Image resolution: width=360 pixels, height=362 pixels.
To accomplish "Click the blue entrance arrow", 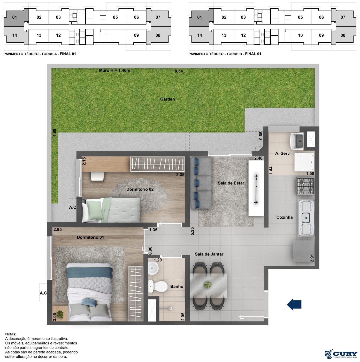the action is point(294,304).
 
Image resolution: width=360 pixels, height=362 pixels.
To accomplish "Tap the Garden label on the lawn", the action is point(167,99).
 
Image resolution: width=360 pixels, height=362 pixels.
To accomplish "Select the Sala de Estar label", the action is point(231,183).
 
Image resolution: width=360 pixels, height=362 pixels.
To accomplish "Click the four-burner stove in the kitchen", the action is point(305,186).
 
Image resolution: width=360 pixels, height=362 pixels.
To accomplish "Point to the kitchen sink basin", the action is point(306,218).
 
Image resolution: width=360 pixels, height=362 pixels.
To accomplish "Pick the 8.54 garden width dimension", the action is point(179,71).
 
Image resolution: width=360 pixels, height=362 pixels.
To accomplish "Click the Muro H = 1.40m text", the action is point(114,70).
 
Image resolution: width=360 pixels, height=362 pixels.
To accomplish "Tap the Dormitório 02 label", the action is point(140,189).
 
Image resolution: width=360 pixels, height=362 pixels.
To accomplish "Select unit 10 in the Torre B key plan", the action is point(300,35).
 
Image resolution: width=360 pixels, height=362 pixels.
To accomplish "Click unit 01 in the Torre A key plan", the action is point(14,17).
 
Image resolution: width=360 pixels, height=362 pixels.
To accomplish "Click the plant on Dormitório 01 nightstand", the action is point(60,314).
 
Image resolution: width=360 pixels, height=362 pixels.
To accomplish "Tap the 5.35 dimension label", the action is point(192,231).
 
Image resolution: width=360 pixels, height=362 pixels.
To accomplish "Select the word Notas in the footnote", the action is point(11,334).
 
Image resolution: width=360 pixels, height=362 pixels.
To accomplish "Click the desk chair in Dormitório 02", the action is point(97,176).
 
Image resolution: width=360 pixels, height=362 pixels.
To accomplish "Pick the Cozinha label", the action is point(284,217).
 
